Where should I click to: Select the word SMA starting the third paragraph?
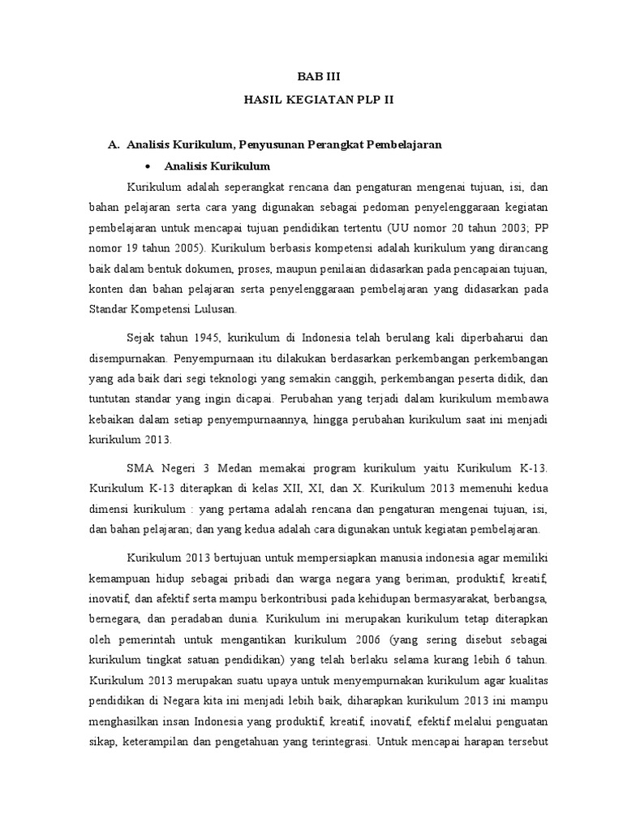140,469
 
